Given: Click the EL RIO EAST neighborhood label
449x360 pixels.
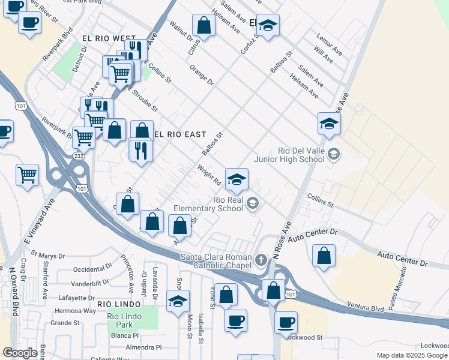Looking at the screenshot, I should [179, 134].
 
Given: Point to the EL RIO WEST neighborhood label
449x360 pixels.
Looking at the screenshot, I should [108, 38].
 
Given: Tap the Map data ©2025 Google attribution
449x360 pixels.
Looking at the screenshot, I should [412, 355].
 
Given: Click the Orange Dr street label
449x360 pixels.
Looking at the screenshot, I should [202, 79].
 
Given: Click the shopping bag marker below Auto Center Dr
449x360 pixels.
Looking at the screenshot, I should [324, 256].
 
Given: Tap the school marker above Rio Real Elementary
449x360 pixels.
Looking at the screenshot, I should [237, 179].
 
